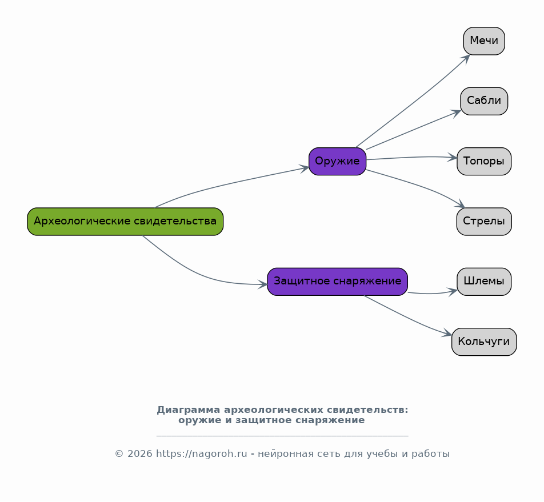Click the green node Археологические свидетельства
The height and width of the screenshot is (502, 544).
[x=125, y=222]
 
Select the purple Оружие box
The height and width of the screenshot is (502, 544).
[x=338, y=162]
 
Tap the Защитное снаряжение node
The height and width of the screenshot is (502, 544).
[x=338, y=282]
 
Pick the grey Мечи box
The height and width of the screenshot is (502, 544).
[x=484, y=41]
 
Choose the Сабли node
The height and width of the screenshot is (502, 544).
[x=484, y=101]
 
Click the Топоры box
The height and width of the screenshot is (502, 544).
[x=484, y=162]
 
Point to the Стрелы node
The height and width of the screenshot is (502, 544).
[x=484, y=222]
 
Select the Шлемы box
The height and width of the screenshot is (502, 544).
[x=484, y=282]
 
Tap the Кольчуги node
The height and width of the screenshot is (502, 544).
[x=484, y=342]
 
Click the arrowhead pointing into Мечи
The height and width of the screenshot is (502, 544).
[x=467, y=59]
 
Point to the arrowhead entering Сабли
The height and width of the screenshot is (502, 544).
[x=456, y=113]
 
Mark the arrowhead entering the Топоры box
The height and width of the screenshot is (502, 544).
[x=453, y=158]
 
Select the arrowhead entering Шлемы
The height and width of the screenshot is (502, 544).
[x=453, y=292]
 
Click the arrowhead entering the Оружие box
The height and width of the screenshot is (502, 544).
[x=304, y=168]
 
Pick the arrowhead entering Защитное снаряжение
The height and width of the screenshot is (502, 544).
[x=262, y=284]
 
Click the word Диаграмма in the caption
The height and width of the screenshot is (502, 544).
[x=189, y=410]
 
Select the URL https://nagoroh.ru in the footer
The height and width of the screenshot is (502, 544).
[x=202, y=454]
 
